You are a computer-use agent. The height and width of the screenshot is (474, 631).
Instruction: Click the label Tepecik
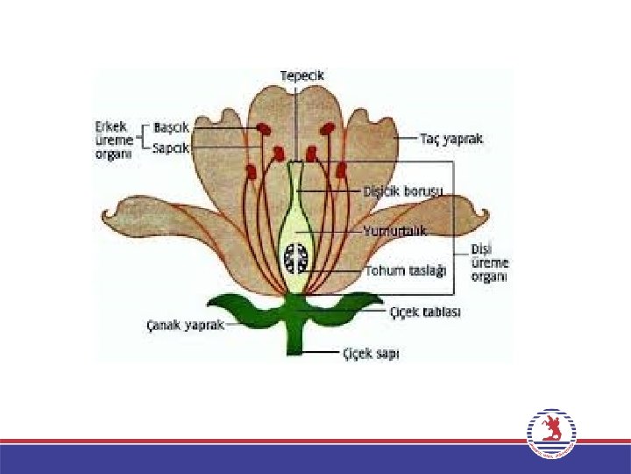coord(302,75)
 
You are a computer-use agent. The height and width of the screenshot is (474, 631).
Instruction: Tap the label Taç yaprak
coord(451,139)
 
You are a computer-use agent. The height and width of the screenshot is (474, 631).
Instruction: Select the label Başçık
coord(171,127)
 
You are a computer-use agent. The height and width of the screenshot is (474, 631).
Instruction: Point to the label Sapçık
coord(171,147)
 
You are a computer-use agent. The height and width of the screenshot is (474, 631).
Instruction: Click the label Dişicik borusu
coord(403,190)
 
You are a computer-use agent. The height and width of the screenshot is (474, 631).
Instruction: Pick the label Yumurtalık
coord(394,231)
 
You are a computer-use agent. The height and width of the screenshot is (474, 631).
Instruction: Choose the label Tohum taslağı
coord(406,270)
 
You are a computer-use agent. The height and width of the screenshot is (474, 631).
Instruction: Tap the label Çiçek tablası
coord(425,312)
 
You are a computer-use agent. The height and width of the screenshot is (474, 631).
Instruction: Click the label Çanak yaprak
coord(185,325)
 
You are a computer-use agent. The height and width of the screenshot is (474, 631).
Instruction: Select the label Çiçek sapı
coord(371,354)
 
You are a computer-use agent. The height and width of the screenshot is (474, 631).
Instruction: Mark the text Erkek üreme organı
coord(115,140)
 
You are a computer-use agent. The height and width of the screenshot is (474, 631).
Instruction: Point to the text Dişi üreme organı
coord(490,262)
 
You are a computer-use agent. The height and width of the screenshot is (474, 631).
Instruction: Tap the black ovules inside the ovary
coord(294,258)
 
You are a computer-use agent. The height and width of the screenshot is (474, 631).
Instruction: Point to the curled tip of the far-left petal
coord(112,213)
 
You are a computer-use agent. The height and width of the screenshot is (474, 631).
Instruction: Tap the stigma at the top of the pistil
coord(295,164)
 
